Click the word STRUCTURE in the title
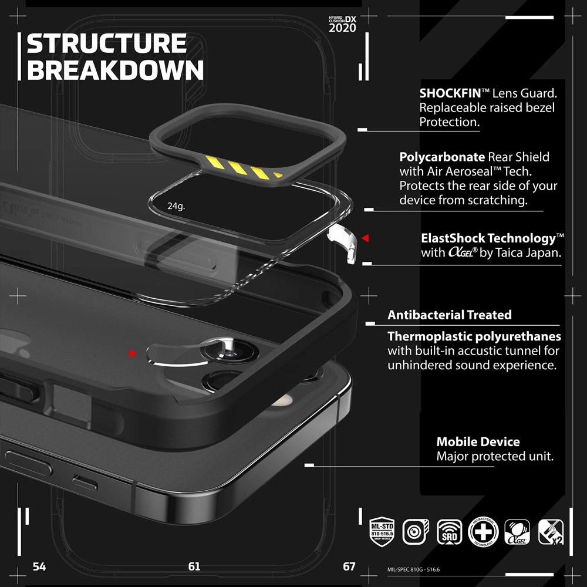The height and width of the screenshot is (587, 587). click(x=107, y=44)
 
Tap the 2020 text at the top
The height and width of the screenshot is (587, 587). click(x=342, y=28)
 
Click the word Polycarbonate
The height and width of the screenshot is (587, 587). click(x=442, y=157)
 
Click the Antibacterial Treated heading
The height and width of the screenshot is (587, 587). click(x=449, y=315)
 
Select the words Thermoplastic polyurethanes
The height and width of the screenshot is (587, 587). click(x=474, y=337)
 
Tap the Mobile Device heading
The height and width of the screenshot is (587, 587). click(x=478, y=442)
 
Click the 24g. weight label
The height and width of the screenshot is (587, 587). click(x=176, y=206)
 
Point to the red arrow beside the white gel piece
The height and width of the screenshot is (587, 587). click(x=365, y=238)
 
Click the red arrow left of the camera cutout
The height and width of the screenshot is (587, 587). click(x=133, y=353)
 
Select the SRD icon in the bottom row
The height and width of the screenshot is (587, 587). click(x=449, y=532)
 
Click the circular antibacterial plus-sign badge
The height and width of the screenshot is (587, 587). click(x=483, y=532)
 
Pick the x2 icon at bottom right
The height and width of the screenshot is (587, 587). click(x=551, y=532)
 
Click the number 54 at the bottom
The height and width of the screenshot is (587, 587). click(x=39, y=567)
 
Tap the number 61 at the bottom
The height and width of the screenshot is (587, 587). click(x=194, y=567)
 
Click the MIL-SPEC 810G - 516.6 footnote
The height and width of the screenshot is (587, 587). click(x=413, y=569)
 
